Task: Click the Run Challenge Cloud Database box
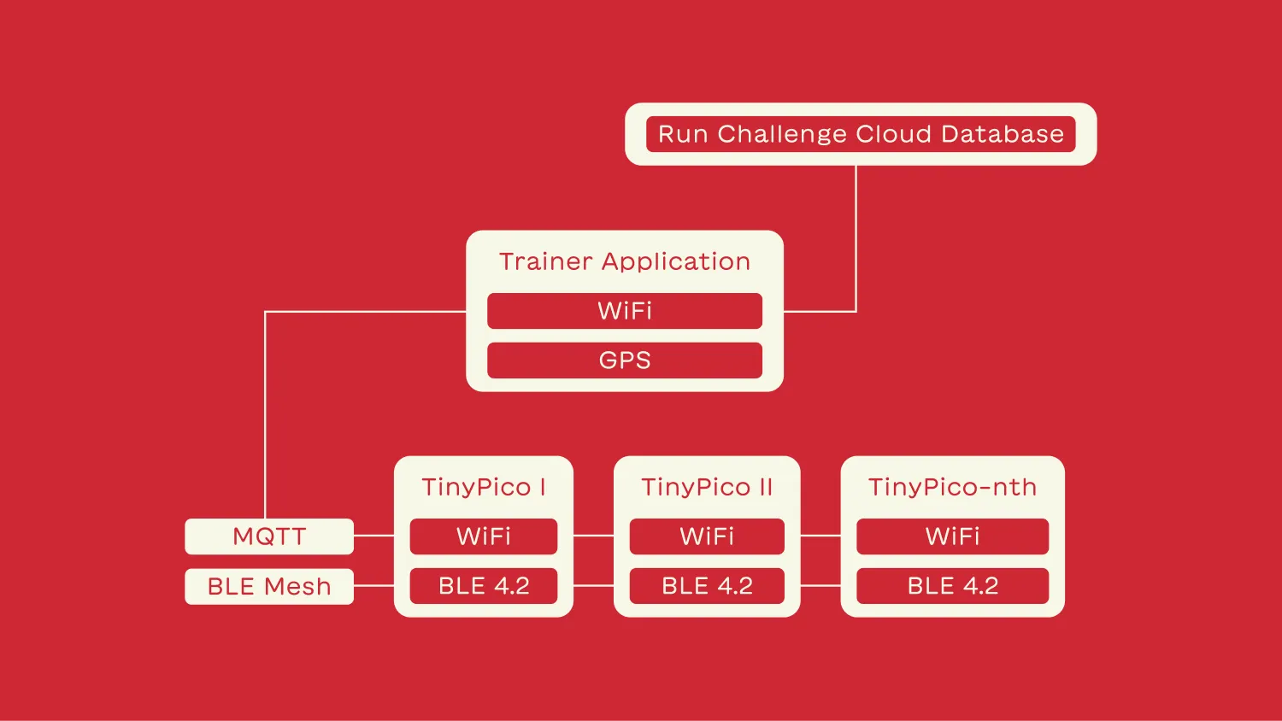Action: click(x=860, y=134)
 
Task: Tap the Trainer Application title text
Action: click(x=624, y=261)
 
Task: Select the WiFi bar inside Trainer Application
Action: click(x=624, y=311)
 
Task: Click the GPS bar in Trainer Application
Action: click(x=624, y=360)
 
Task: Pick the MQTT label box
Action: click(x=269, y=536)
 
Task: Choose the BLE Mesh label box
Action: click(x=269, y=586)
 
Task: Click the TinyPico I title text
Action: click(x=483, y=487)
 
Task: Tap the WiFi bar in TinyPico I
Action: click(x=483, y=536)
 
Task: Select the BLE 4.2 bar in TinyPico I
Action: click(x=483, y=586)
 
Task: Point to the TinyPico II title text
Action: click(x=707, y=487)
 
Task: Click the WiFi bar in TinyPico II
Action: click(x=707, y=536)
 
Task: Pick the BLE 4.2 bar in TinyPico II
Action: click(x=707, y=586)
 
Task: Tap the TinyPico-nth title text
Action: click(x=952, y=487)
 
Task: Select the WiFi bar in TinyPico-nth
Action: click(x=952, y=536)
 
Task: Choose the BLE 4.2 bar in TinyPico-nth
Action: click(x=952, y=586)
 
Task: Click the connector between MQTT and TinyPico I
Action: click(x=373, y=536)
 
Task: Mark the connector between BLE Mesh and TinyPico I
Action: click(x=373, y=585)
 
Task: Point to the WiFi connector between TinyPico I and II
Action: click(x=593, y=536)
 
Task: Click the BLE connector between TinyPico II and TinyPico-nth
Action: click(x=820, y=585)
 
